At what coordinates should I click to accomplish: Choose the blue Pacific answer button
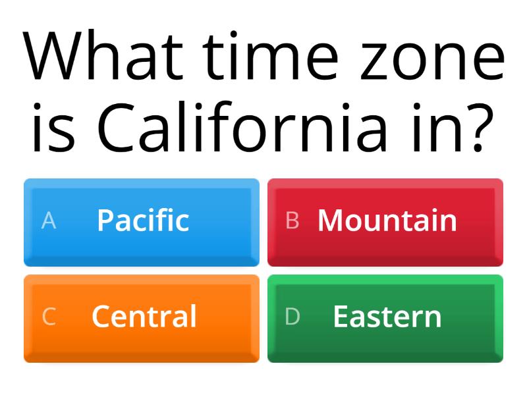pyautogui.click(x=142, y=223)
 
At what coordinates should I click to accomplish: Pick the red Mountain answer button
pyautogui.click(x=385, y=223)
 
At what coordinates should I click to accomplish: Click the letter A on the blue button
pyautogui.click(x=49, y=221)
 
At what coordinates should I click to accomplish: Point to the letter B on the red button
pyautogui.click(x=292, y=221)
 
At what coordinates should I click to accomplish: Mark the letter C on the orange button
pyautogui.click(x=49, y=317)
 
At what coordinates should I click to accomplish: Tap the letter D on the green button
pyautogui.click(x=292, y=317)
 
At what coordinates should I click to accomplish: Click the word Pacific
pyautogui.click(x=143, y=220)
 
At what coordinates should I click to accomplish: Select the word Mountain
pyautogui.click(x=387, y=220)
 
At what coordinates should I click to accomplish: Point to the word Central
pyautogui.click(x=144, y=317)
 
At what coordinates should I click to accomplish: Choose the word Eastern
pyautogui.click(x=387, y=317)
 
